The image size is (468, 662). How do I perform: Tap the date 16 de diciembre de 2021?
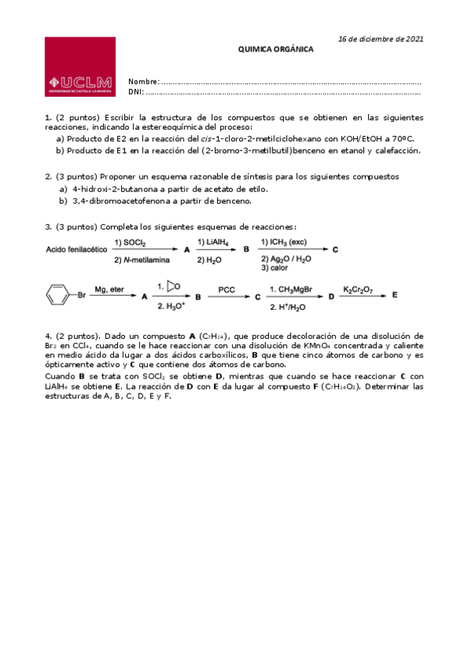pyautogui.click(x=380, y=39)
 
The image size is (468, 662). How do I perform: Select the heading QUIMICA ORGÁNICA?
pyautogui.click(x=275, y=48)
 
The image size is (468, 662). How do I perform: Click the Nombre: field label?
pyautogui.click(x=144, y=82)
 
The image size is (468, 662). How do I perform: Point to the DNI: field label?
pyautogui.click(x=136, y=91)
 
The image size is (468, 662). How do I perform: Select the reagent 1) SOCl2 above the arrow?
pyautogui.click(x=134, y=242)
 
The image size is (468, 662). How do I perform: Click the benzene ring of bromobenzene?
pyautogui.click(x=56, y=296)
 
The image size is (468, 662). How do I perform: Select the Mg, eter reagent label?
pyautogui.click(x=109, y=290)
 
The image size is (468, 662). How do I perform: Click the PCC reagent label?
pyautogui.click(x=227, y=290)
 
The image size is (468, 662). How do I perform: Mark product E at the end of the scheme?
pyautogui.click(x=395, y=296)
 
